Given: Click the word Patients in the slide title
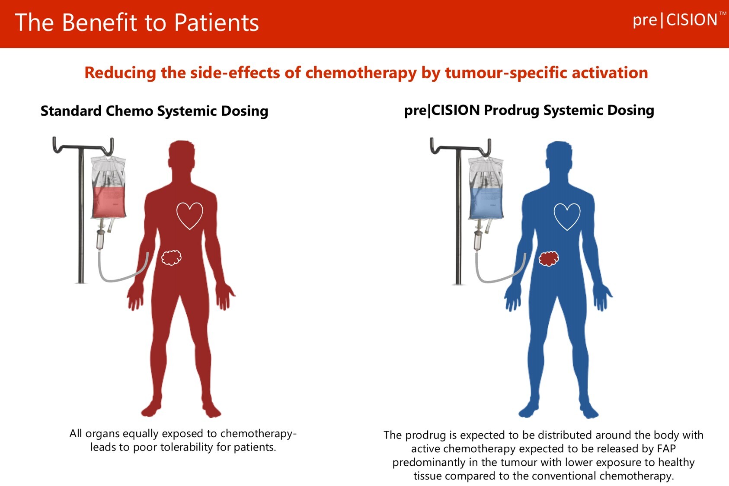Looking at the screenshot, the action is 217,23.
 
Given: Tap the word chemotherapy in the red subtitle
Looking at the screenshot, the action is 361,73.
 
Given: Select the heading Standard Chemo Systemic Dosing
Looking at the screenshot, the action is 154,111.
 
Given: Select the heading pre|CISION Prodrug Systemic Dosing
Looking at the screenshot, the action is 529,110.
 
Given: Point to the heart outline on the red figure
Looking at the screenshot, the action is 189,215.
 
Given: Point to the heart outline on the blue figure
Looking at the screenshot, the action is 567,216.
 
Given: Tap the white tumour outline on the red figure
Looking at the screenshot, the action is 171,257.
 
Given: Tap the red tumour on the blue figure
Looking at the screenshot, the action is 549,258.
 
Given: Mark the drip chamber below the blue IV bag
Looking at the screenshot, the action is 478,239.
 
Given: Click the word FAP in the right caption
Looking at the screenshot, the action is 666,448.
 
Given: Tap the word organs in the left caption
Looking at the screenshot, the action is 103,433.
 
